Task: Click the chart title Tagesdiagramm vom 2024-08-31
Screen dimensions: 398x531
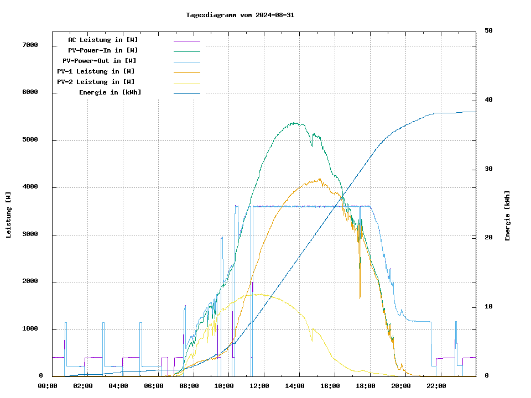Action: coord(240,15)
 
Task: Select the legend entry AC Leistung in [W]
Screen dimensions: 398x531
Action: coord(103,40)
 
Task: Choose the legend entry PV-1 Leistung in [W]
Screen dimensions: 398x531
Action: coord(96,71)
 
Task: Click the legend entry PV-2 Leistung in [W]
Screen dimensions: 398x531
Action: coord(96,82)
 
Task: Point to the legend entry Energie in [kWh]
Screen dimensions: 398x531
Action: coord(110,92)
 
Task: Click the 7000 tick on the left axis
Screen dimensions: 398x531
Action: coord(29,45)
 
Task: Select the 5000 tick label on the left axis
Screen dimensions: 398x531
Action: coord(29,140)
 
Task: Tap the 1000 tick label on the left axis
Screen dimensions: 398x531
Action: coord(29,329)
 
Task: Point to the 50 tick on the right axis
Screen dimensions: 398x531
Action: coord(488,31)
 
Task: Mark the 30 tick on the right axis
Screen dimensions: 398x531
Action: coord(488,169)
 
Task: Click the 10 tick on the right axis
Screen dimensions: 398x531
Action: coord(488,307)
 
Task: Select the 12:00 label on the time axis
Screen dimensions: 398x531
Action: coord(259,386)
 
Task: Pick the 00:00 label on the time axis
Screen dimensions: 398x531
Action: coord(48,386)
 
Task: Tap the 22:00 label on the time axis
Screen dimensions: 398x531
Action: coord(436,386)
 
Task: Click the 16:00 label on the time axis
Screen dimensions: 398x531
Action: coord(330,386)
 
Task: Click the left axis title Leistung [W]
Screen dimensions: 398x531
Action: coord(9,214)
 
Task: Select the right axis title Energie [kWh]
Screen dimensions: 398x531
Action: coord(508,216)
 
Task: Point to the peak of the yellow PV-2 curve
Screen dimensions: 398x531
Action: coord(260,294)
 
